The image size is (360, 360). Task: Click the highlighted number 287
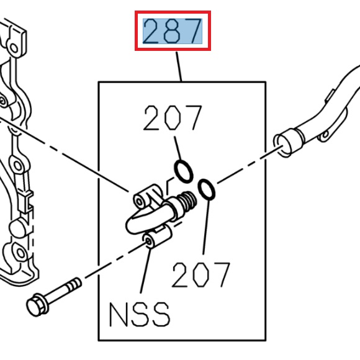point(173,31)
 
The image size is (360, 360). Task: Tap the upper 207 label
point(173,119)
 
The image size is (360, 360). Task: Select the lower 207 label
point(201,274)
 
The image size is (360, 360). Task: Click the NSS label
point(139,315)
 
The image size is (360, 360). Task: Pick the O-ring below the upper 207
point(183,169)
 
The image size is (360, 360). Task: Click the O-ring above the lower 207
point(207,189)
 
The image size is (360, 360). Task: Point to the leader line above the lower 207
point(205,230)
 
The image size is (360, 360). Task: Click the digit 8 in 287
point(173,31)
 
